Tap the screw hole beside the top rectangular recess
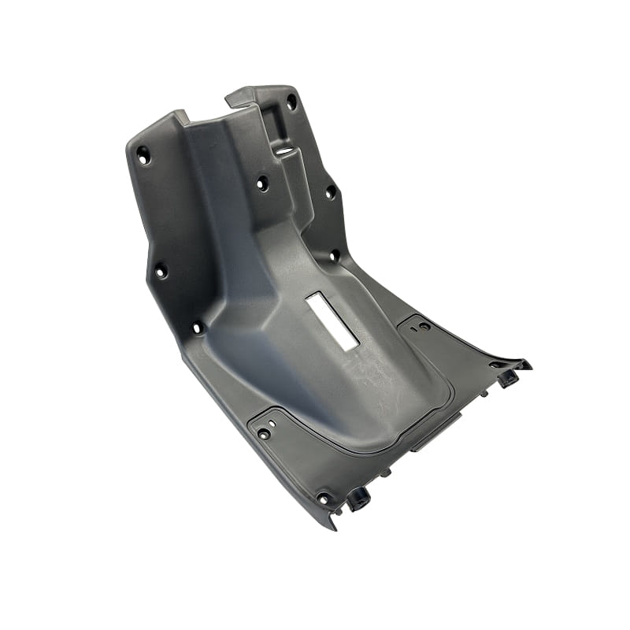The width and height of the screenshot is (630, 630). click(291, 102)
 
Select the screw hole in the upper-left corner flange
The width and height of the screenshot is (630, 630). click(143, 154)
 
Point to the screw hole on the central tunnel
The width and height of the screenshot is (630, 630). click(262, 183)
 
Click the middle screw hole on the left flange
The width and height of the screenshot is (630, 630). click(160, 270)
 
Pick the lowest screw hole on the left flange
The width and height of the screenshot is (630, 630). click(197, 326)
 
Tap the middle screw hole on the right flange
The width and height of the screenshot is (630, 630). click(331, 191)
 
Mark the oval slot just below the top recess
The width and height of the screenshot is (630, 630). click(285, 146)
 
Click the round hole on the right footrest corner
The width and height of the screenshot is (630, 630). click(424, 326)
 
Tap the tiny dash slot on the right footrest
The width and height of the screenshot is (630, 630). click(412, 324)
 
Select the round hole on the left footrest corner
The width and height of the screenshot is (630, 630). click(264, 433)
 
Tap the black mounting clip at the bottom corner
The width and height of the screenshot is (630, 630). click(359, 498)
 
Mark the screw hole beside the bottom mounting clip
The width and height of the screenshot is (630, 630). click(323, 498)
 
